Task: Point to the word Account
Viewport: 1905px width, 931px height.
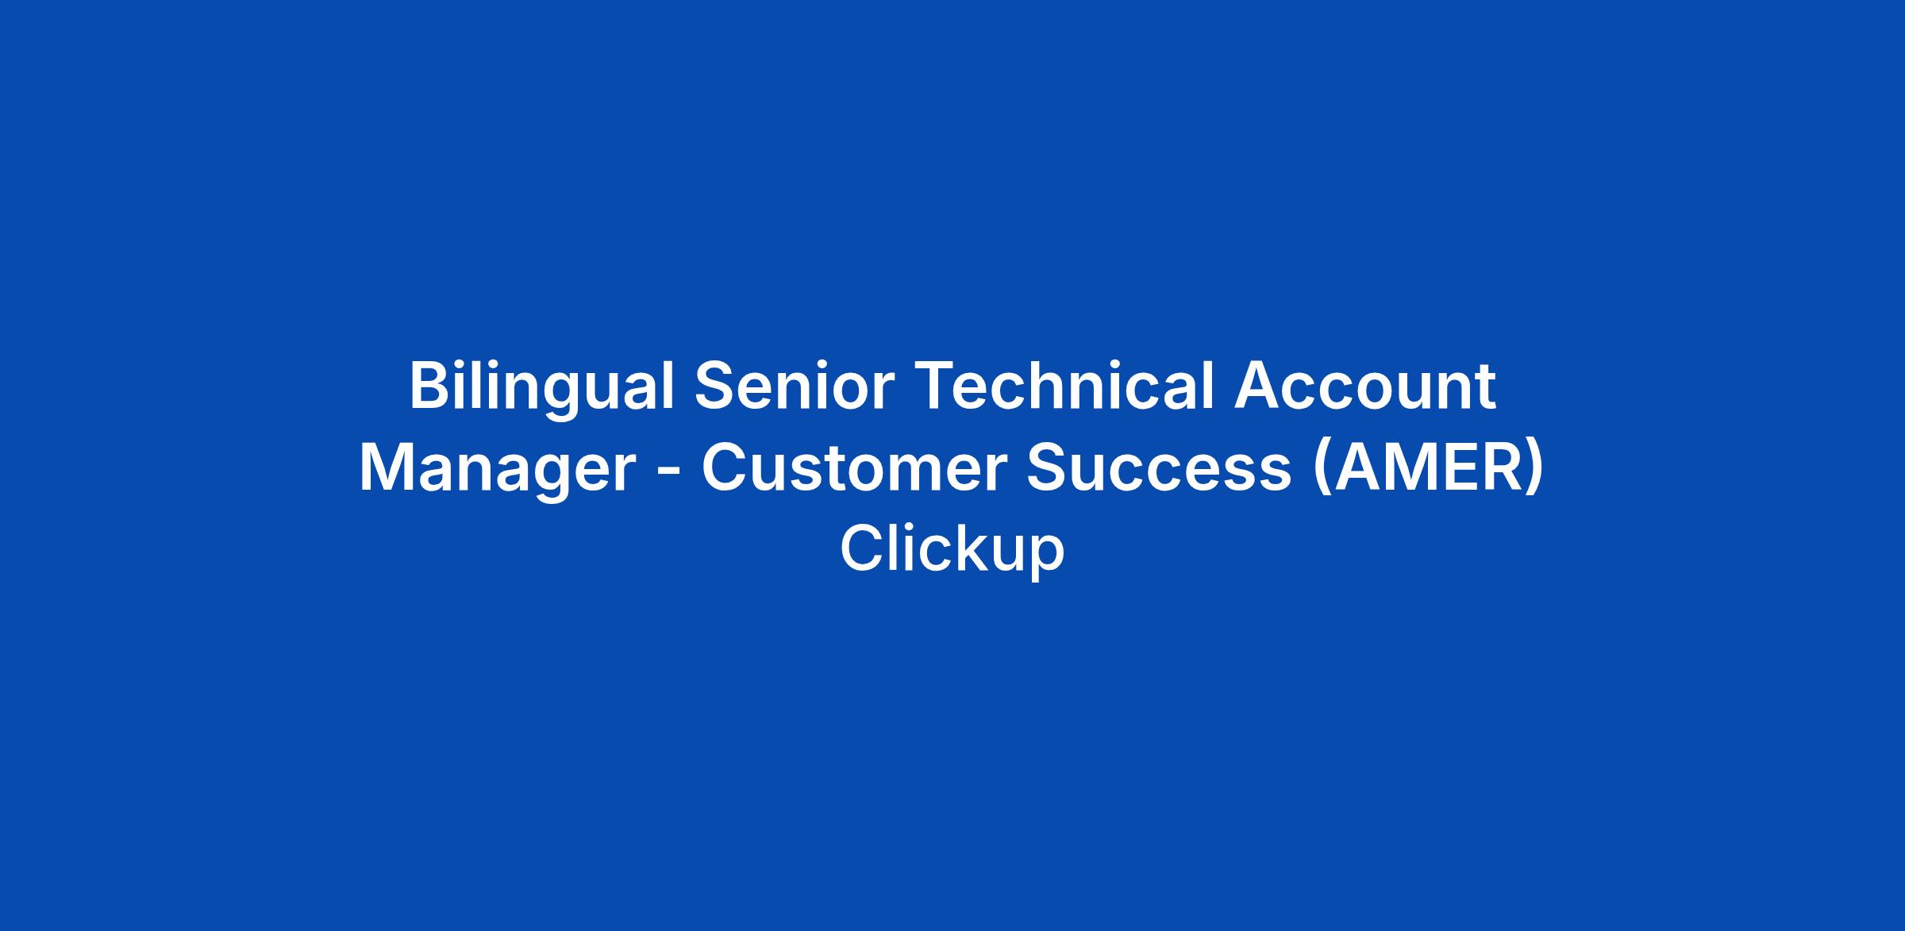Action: pos(1364,387)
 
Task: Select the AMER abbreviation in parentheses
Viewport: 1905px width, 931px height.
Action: pos(1429,470)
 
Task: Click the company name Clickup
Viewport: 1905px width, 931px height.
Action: pos(952,551)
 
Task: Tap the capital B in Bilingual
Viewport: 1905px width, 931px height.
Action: pos(431,387)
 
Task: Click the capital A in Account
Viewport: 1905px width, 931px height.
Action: pos(1259,387)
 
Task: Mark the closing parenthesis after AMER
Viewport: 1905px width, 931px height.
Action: pos(1535,470)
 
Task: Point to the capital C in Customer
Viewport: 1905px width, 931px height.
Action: pos(725,468)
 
